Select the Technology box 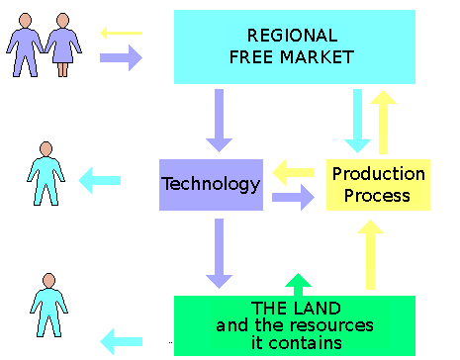210,184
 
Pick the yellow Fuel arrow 290,174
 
